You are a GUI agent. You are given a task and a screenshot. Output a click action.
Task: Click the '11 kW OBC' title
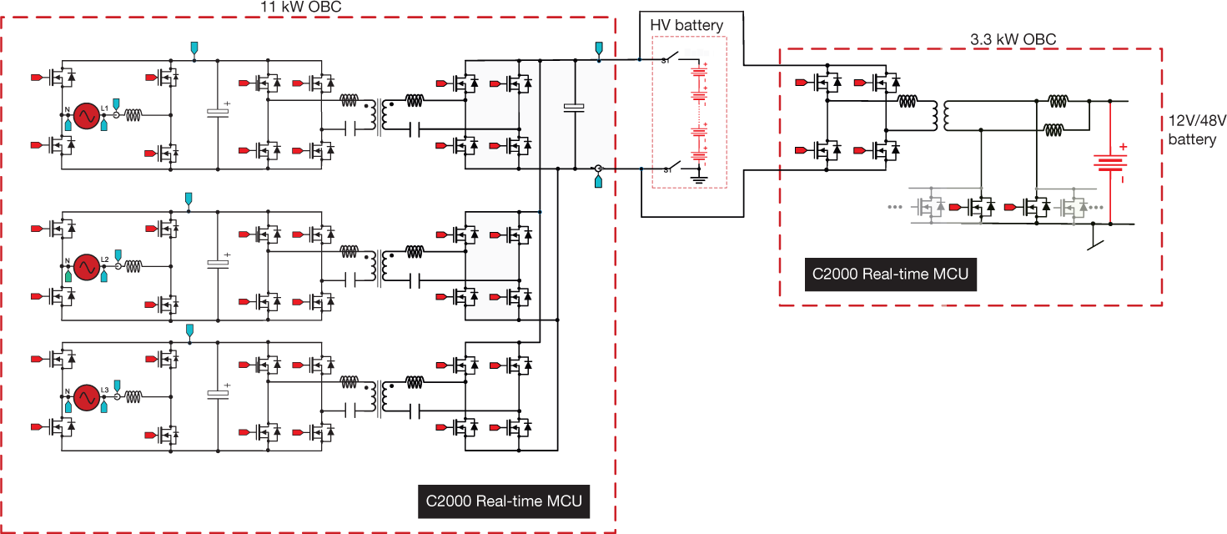[x=301, y=7]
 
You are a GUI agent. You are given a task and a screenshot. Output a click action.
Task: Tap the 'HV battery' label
[x=686, y=26]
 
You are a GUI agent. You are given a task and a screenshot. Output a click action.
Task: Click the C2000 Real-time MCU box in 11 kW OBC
[x=503, y=501]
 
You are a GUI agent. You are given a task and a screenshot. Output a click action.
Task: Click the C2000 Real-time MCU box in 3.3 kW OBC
[x=890, y=274]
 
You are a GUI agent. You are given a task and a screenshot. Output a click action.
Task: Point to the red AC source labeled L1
[x=85, y=116]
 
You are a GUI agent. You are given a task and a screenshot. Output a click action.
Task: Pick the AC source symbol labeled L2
[x=85, y=266]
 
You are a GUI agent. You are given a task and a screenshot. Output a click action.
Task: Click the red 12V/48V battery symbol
[x=1111, y=164]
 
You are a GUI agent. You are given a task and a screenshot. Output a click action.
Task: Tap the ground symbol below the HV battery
[x=699, y=176]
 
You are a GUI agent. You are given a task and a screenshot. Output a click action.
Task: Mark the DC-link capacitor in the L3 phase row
[x=218, y=394]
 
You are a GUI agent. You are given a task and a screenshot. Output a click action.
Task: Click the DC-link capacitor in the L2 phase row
[x=218, y=264]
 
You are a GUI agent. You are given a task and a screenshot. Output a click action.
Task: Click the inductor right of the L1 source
[x=134, y=115]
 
